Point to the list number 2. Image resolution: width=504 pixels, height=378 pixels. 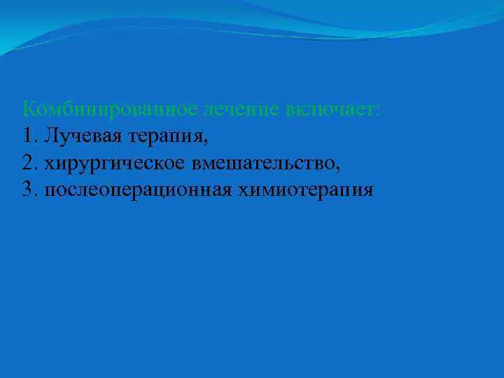click(27, 163)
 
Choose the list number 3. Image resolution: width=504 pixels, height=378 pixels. click(27, 190)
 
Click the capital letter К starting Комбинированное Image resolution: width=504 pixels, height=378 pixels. click(29, 109)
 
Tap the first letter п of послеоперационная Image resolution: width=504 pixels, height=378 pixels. click(48, 191)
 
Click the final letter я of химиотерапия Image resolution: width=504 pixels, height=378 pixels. click(368, 191)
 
